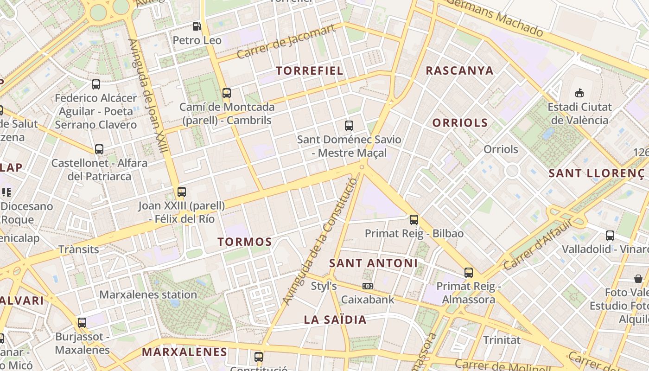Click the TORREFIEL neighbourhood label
tap(310, 70)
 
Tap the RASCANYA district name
tap(459, 70)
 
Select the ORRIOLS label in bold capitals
tap(460, 123)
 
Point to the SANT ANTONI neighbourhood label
tap(373, 263)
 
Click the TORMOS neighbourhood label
tap(245, 242)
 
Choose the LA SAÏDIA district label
tap(335, 320)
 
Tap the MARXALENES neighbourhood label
tap(185, 352)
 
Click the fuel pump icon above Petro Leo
tap(197, 26)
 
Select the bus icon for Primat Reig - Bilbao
tap(414, 219)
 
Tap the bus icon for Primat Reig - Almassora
tap(469, 272)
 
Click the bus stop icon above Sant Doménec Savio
tap(349, 125)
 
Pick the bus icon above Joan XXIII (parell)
tap(182, 192)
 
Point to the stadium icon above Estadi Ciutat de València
tap(579, 93)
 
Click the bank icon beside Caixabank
tap(368, 286)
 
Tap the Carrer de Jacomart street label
tap(286, 42)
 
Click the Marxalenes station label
tap(148, 294)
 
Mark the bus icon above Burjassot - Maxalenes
tap(82, 322)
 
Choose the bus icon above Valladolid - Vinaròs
tap(610, 235)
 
